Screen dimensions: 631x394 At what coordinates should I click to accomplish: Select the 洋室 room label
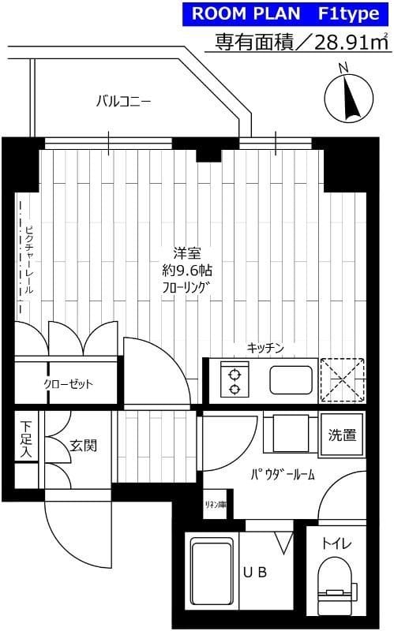coord(187,253)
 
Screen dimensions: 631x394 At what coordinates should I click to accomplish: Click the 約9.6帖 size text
coord(187,271)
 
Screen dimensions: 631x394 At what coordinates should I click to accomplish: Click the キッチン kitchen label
coord(265,348)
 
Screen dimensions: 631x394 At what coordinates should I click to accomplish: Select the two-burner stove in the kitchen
coord(235,380)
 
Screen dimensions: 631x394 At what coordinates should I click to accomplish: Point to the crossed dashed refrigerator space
coord(342,380)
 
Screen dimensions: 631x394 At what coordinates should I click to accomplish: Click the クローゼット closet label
coord(68,385)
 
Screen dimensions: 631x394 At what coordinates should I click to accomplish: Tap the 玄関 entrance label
coord(83,446)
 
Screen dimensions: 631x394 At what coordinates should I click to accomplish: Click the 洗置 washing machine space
coord(342,435)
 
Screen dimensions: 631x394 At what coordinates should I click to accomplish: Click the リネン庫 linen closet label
coord(216,505)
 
